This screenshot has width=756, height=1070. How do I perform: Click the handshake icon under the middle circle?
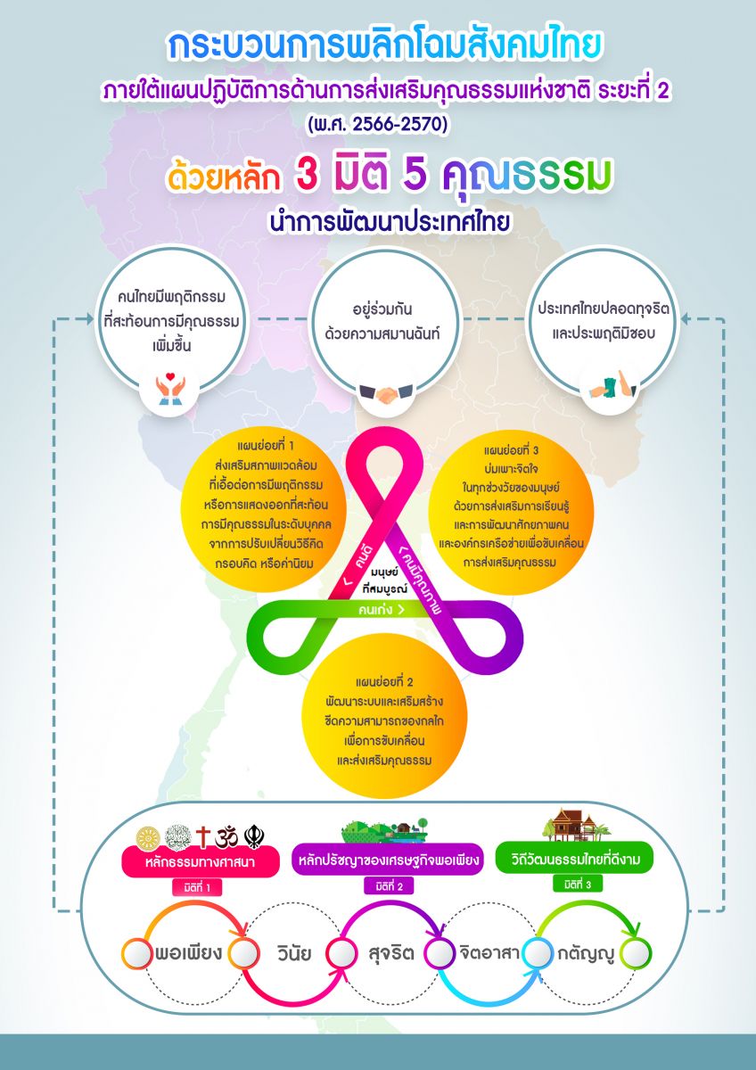(386, 393)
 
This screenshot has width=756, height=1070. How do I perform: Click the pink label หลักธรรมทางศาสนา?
(200, 861)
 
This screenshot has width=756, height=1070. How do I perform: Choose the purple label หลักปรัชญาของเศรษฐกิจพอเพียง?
(389, 860)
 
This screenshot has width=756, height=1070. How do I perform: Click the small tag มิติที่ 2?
(390, 886)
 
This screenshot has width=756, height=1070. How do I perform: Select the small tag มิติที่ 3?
(578, 885)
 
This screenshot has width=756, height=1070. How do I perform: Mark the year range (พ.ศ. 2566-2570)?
(378, 125)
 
